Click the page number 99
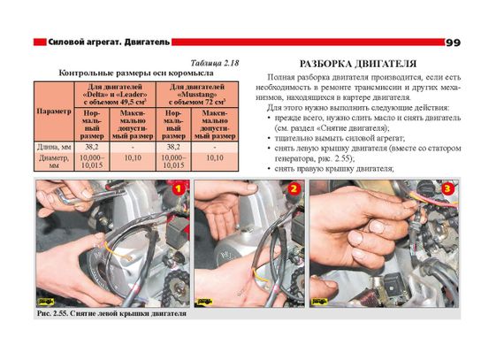click(454, 42)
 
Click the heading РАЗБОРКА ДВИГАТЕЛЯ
click(358, 64)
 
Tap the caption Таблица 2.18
click(215, 63)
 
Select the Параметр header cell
click(54, 111)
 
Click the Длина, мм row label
click(54, 147)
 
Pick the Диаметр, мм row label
click(54, 162)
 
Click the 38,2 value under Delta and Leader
click(92, 147)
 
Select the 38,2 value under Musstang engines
click(173, 147)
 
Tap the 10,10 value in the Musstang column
click(215, 157)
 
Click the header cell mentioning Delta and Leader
click(115, 95)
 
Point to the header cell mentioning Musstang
click(197, 95)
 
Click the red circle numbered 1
click(178, 188)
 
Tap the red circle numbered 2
click(294, 188)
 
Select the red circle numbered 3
click(447, 188)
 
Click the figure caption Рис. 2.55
click(112, 313)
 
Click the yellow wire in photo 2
click(259, 275)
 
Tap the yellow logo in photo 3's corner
click(320, 302)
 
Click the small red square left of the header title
click(40, 42)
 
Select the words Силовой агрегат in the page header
click(85, 42)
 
